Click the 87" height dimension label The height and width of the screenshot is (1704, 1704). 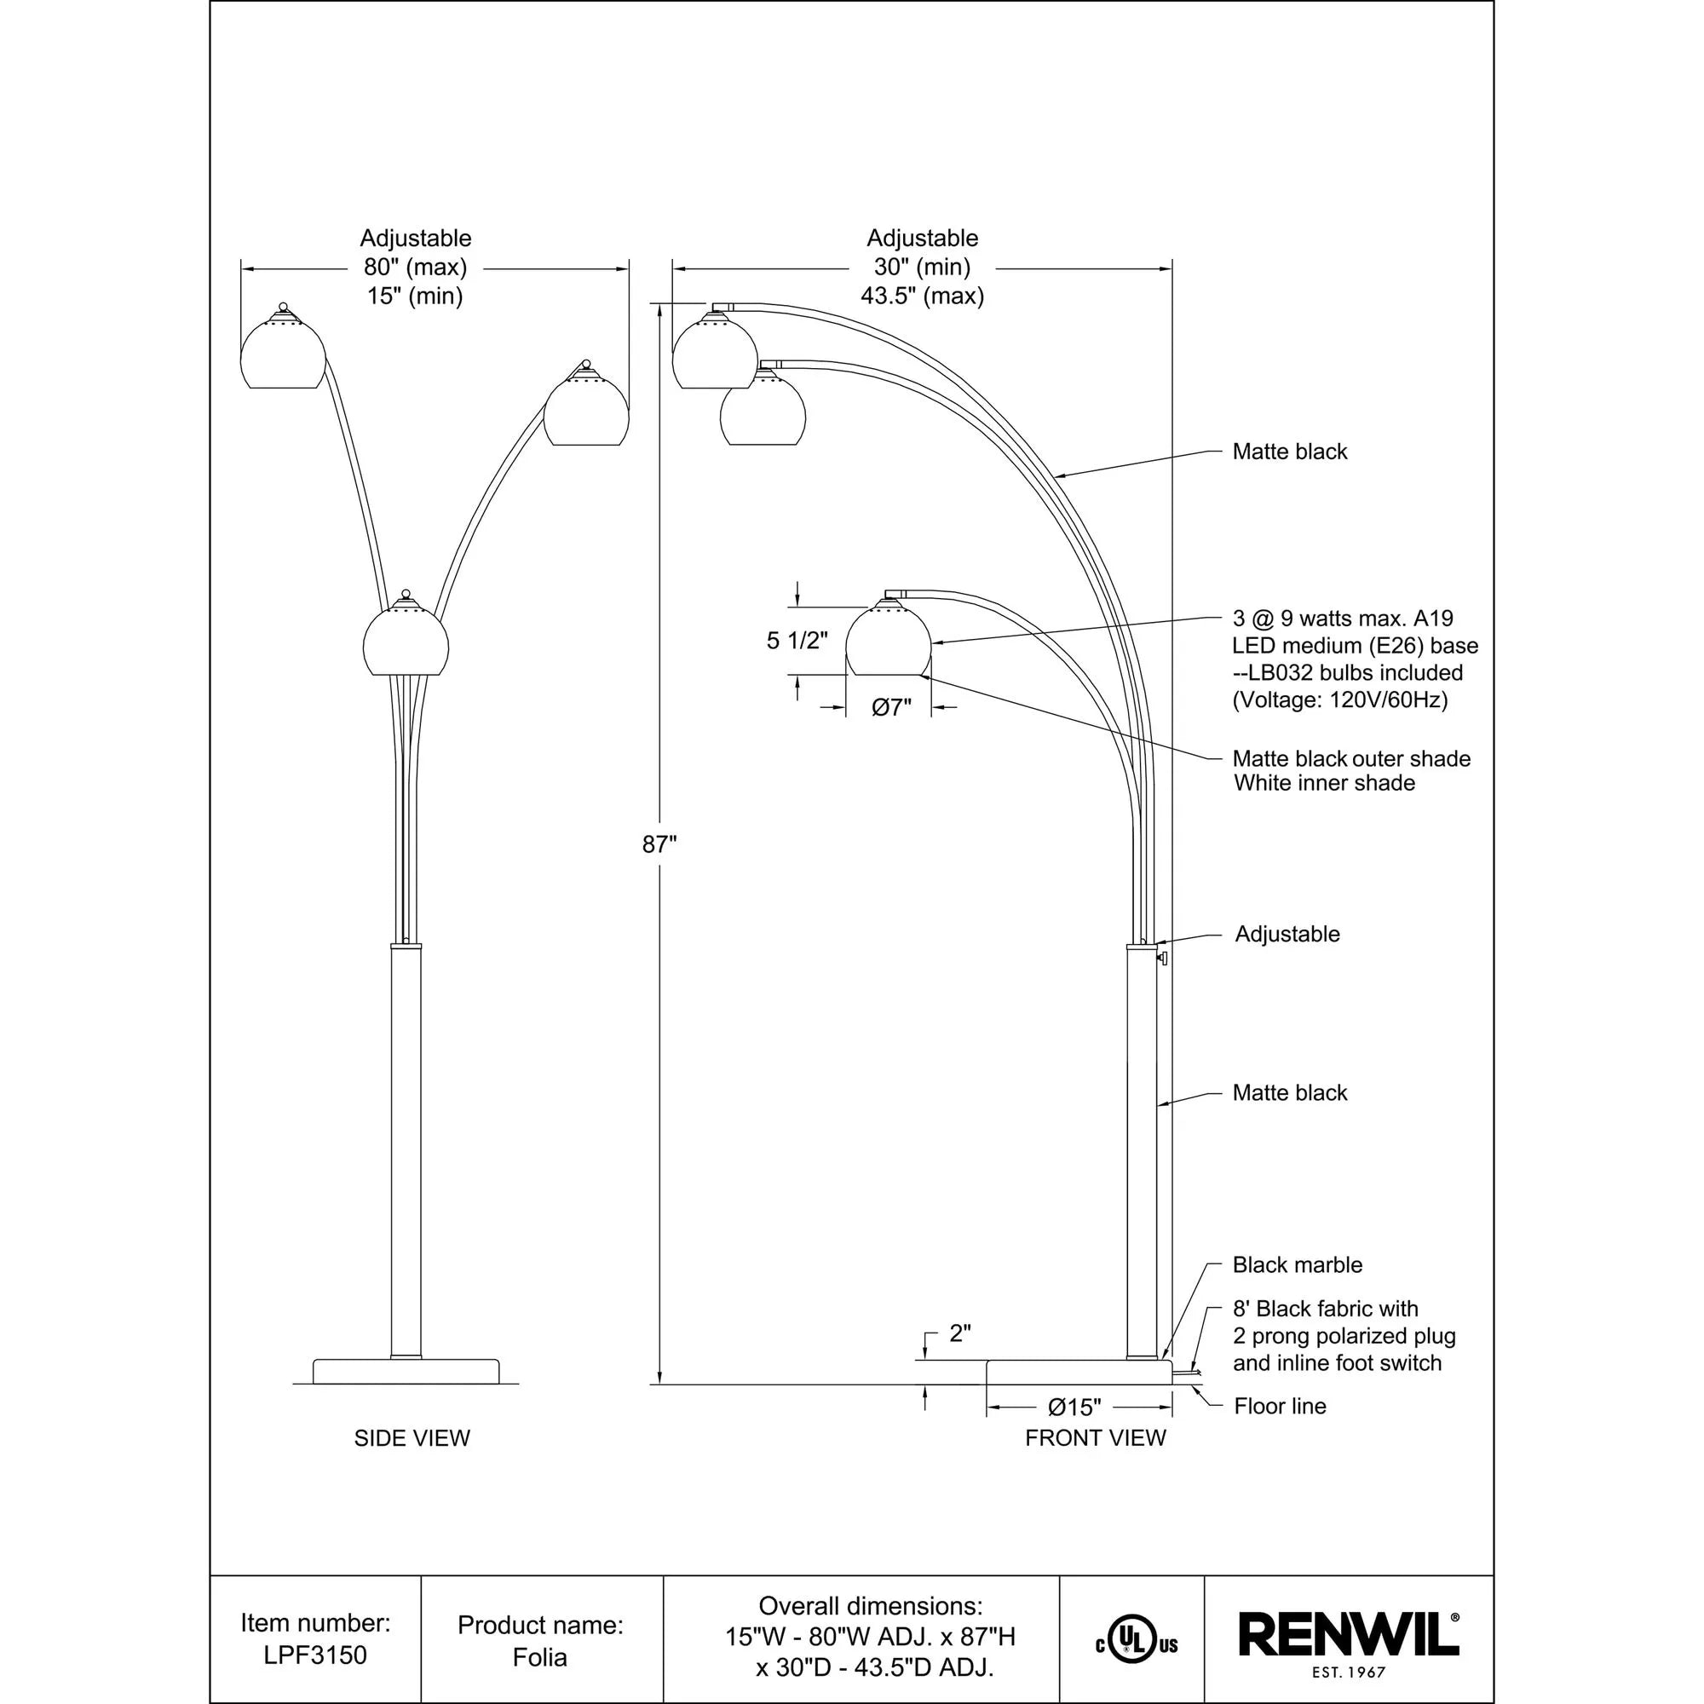click(x=659, y=845)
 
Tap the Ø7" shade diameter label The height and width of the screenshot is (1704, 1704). click(x=891, y=707)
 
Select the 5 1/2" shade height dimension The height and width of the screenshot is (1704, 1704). click(x=797, y=641)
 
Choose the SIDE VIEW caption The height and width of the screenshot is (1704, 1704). click(x=412, y=1438)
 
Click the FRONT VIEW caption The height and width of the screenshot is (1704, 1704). click(x=1095, y=1438)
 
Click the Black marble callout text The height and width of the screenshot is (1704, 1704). click(x=1297, y=1264)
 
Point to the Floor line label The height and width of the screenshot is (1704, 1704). click(x=1280, y=1406)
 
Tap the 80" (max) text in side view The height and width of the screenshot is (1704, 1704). click(x=415, y=267)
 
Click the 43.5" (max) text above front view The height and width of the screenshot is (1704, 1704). click(x=922, y=296)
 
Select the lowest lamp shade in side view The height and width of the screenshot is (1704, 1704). click(x=406, y=641)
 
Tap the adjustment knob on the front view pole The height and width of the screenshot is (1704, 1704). click(x=1164, y=958)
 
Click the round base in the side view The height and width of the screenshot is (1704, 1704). click(x=406, y=1372)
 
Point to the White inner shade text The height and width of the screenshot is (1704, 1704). click(x=1323, y=783)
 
